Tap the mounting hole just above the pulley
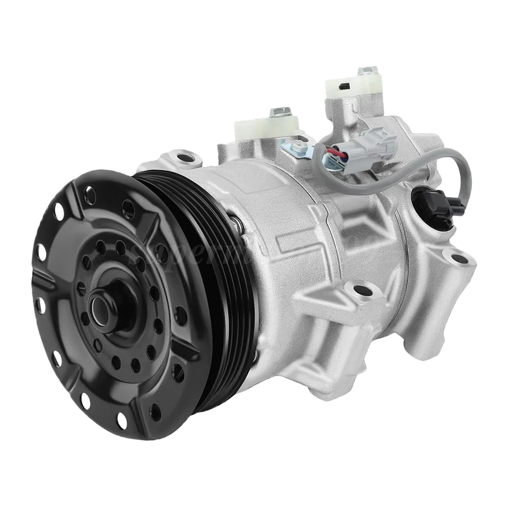click(x=184, y=157)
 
